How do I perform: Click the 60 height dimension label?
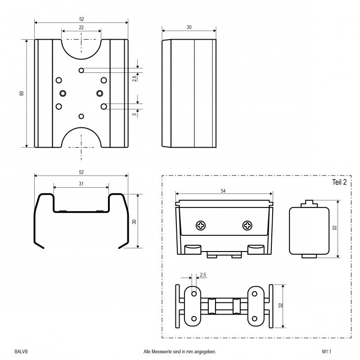(x=22, y=93)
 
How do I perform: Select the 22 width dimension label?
(x=81, y=27)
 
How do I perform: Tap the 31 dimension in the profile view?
(x=81, y=184)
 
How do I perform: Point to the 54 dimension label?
(x=223, y=191)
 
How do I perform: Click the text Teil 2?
(x=339, y=182)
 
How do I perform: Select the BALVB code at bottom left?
(x=21, y=351)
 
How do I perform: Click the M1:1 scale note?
(x=327, y=351)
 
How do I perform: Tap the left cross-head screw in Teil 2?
(x=201, y=225)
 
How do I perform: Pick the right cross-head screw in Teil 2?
(x=247, y=225)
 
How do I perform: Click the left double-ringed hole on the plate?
(x=63, y=93)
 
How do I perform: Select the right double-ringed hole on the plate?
(x=99, y=93)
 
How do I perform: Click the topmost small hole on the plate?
(x=81, y=70)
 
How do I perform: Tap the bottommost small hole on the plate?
(x=81, y=116)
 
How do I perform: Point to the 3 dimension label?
(x=135, y=114)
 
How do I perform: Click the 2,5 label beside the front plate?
(x=135, y=78)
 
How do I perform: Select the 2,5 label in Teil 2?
(x=203, y=275)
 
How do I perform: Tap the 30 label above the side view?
(x=189, y=27)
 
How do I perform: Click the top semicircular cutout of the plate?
(x=81, y=59)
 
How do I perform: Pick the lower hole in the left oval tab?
(x=194, y=319)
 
